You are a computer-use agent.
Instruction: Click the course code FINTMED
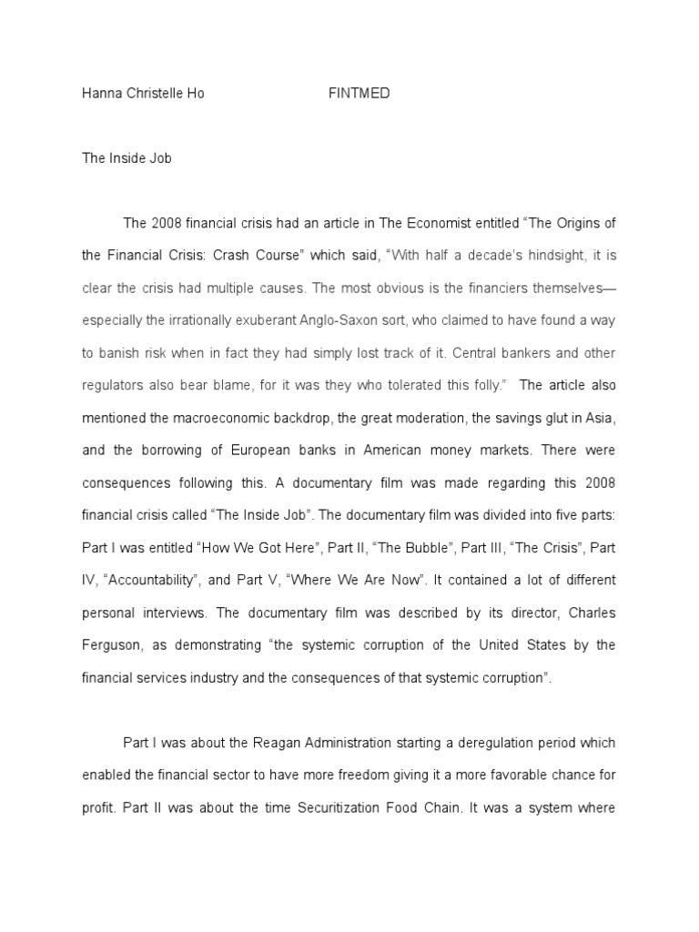pos(359,94)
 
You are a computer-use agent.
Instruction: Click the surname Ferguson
pos(110,644)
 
